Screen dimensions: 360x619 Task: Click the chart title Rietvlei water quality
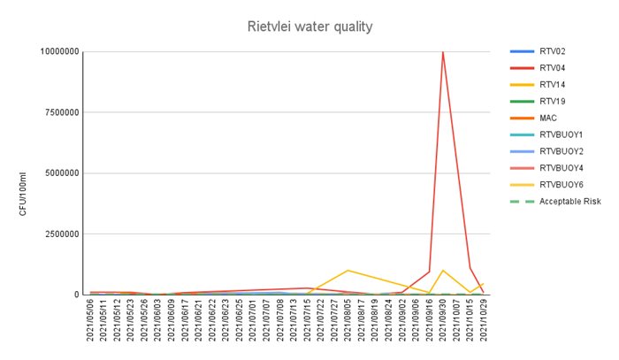[309, 27]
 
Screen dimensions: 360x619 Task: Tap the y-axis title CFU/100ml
[23, 193]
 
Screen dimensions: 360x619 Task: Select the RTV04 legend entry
[551, 67]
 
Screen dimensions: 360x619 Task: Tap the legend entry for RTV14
[551, 84]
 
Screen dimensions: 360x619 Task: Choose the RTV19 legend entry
[551, 101]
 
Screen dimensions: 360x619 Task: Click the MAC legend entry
[547, 118]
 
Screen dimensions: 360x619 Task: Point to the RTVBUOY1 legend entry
[560, 134]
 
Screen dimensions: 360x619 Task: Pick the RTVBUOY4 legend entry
[560, 168]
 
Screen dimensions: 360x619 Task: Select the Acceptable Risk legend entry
[569, 202]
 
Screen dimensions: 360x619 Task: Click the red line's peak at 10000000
[442, 52]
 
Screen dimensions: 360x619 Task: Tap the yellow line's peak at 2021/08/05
[348, 270]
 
